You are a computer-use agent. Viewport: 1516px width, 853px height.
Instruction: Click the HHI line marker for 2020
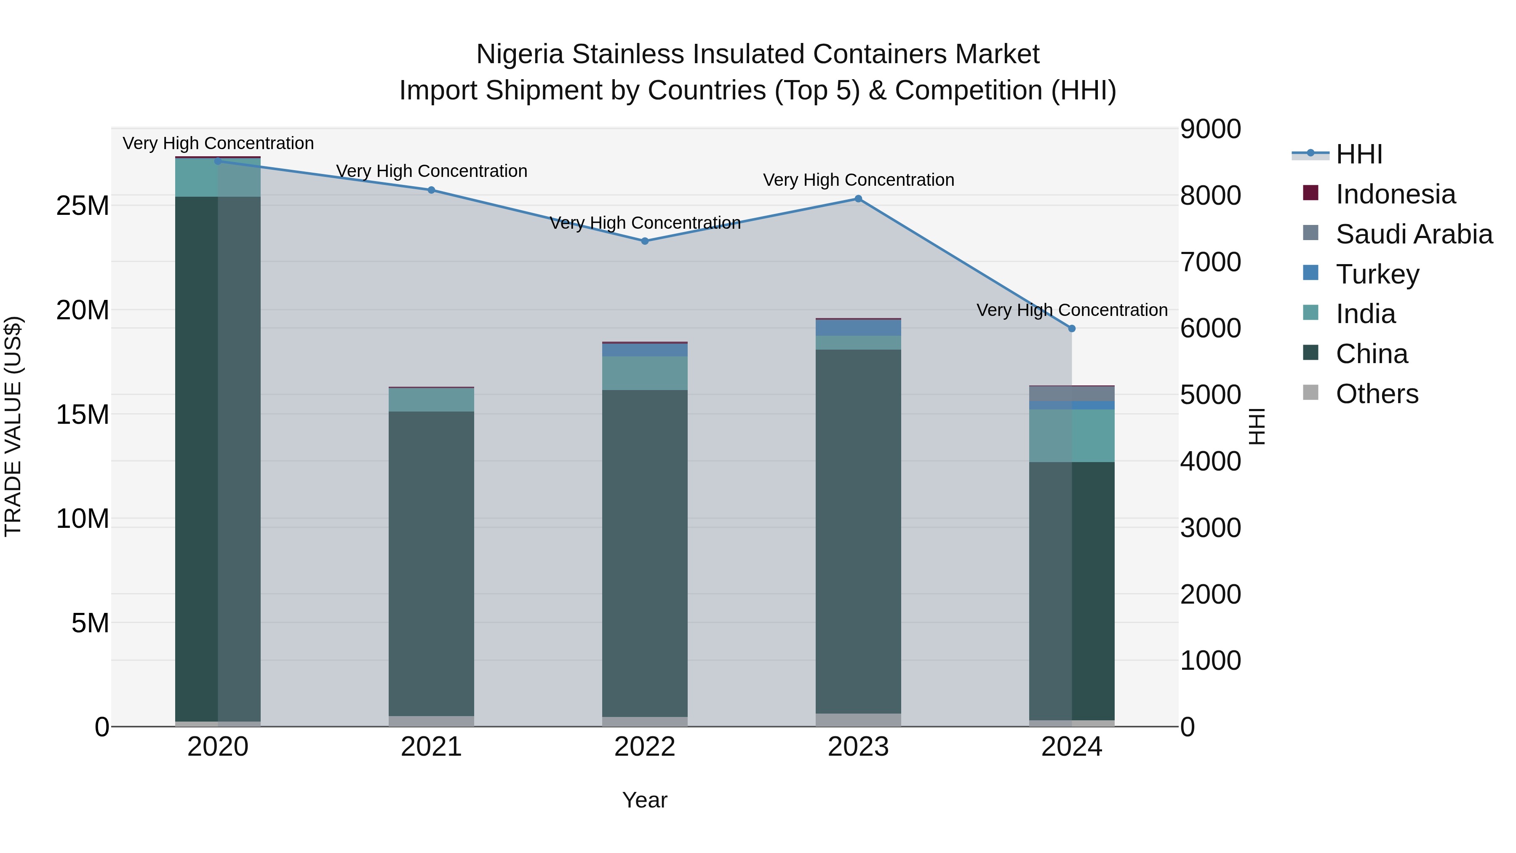click(x=218, y=161)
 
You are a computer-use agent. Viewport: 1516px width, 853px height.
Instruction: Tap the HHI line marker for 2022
click(x=644, y=241)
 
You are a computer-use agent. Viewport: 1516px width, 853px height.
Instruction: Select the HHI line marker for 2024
click(x=1072, y=329)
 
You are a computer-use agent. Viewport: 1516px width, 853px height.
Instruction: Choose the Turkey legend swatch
click(x=1310, y=273)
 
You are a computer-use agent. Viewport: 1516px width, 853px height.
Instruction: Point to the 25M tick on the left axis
click(x=83, y=206)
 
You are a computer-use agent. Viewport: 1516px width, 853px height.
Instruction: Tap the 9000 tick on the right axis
click(x=1211, y=129)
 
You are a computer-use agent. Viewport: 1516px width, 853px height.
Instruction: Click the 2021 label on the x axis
click(x=431, y=747)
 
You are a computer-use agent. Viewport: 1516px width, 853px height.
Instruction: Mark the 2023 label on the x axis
click(x=858, y=747)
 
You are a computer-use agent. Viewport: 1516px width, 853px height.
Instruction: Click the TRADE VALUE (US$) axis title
click(x=13, y=426)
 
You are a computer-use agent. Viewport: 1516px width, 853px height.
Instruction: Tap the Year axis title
click(x=644, y=800)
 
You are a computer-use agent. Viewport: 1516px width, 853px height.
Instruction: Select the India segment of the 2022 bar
click(x=644, y=373)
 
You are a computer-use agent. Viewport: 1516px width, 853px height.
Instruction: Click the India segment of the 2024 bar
click(x=1072, y=436)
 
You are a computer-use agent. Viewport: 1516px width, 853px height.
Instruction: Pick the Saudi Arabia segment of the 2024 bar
click(x=1072, y=393)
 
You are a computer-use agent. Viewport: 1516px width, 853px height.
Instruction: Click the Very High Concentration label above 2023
click(x=858, y=180)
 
